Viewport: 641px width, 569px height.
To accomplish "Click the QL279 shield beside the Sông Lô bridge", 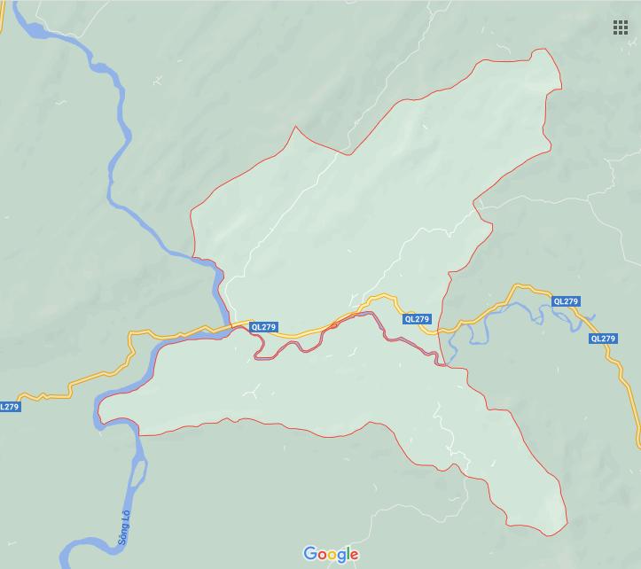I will [263, 327].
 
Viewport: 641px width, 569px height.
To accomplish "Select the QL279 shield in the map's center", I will [416, 319].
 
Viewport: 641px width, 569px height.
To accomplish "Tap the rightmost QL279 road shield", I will [602, 339].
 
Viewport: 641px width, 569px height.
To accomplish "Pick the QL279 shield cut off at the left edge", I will [9, 407].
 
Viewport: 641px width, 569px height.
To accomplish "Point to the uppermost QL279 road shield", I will [566, 301].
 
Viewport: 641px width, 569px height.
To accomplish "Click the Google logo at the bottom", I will [331, 555].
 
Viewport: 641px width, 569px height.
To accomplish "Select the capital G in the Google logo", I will [310, 554].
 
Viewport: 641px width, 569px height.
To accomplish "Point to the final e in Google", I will [355, 556].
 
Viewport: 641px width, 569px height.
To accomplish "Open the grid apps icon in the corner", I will [621, 27].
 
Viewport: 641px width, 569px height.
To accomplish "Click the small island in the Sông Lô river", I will [138, 475].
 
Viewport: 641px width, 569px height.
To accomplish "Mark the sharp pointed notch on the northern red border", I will [295, 127].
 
